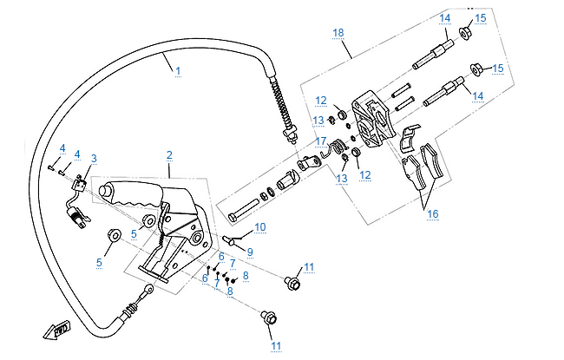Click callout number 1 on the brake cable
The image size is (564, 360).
(x=178, y=69)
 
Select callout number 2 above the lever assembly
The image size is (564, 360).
(x=169, y=154)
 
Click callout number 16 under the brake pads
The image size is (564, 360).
(x=431, y=213)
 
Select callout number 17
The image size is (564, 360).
(x=321, y=141)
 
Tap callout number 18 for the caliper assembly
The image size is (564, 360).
(x=338, y=32)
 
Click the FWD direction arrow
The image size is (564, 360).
(x=60, y=331)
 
